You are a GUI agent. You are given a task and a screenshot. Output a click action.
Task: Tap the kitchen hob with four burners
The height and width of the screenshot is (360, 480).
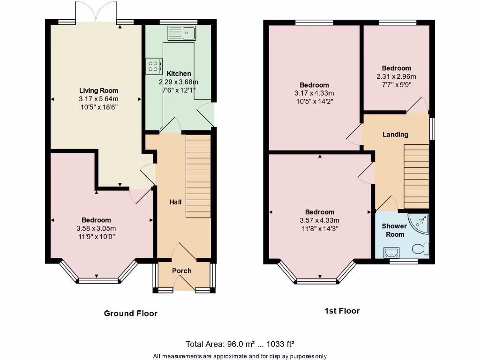pyautogui.click(x=154, y=66)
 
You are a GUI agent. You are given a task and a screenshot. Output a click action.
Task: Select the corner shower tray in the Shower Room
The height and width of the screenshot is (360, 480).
pyautogui.click(x=419, y=223)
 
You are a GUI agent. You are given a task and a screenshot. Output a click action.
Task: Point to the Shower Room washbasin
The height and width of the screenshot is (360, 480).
pyautogui.click(x=390, y=253)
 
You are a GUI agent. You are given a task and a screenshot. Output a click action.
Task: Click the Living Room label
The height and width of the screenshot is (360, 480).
pyautogui.click(x=98, y=90)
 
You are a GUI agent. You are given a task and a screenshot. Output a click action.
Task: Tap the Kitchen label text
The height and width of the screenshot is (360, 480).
pyautogui.click(x=179, y=74)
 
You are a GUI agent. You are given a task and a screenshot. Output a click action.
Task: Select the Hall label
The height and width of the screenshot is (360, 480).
pyautogui.click(x=175, y=202)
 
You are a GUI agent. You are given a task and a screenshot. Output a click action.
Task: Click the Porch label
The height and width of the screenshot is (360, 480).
pyautogui.click(x=182, y=270)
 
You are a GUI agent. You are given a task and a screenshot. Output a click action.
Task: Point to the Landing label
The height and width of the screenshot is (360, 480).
pyautogui.click(x=395, y=135)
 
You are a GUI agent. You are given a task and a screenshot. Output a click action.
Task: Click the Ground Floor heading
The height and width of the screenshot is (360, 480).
pyautogui.click(x=130, y=313)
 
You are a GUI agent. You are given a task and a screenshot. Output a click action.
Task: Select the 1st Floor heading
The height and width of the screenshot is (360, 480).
pyautogui.click(x=342, y=311)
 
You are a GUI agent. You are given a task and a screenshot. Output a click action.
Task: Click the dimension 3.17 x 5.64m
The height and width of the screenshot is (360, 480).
pyautogui.click(x=98, y=99)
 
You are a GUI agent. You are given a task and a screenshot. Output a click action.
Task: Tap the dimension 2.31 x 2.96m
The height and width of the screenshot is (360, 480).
pyautogui.click(x=396, y=76)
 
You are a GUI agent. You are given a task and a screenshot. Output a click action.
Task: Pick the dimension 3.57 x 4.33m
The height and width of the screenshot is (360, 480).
pyautogui.click(x=320, y=220)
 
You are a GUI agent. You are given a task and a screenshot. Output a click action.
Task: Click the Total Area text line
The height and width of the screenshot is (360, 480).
pyautogui.click(x=240, y=344)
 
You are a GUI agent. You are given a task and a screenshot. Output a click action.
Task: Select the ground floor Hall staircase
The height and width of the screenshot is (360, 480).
pyautogui.click(x=198, y=176)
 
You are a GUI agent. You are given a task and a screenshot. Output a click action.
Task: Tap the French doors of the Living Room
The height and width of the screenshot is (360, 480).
pyautogui.click(x=96, y=12)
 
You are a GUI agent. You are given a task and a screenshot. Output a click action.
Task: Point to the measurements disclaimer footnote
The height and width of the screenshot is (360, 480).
pyautogui.click(x=240, y=356)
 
